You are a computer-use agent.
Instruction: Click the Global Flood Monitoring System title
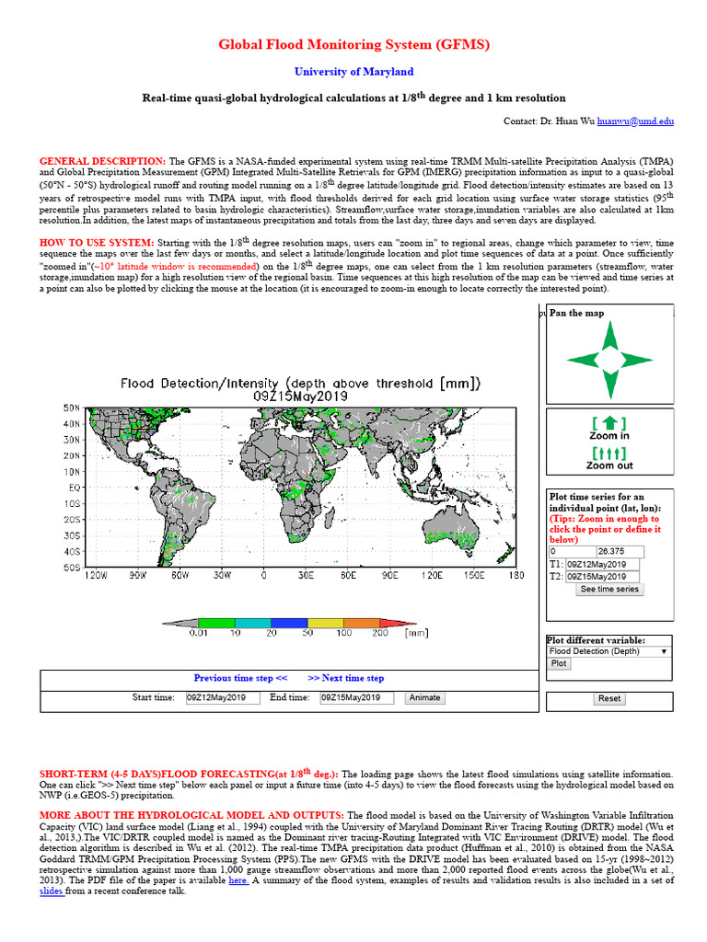353,44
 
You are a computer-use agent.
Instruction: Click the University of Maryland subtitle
353,72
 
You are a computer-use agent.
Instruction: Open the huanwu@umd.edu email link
635,121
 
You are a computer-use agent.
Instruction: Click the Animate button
424,698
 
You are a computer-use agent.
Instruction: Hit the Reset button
609,699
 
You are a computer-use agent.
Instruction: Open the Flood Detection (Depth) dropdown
608,650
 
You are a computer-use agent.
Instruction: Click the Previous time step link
240,678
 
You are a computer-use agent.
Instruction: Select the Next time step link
346,678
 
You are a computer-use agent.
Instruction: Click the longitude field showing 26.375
620,552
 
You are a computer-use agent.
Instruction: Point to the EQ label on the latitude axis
74,488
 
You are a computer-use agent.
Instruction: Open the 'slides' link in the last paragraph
52,891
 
